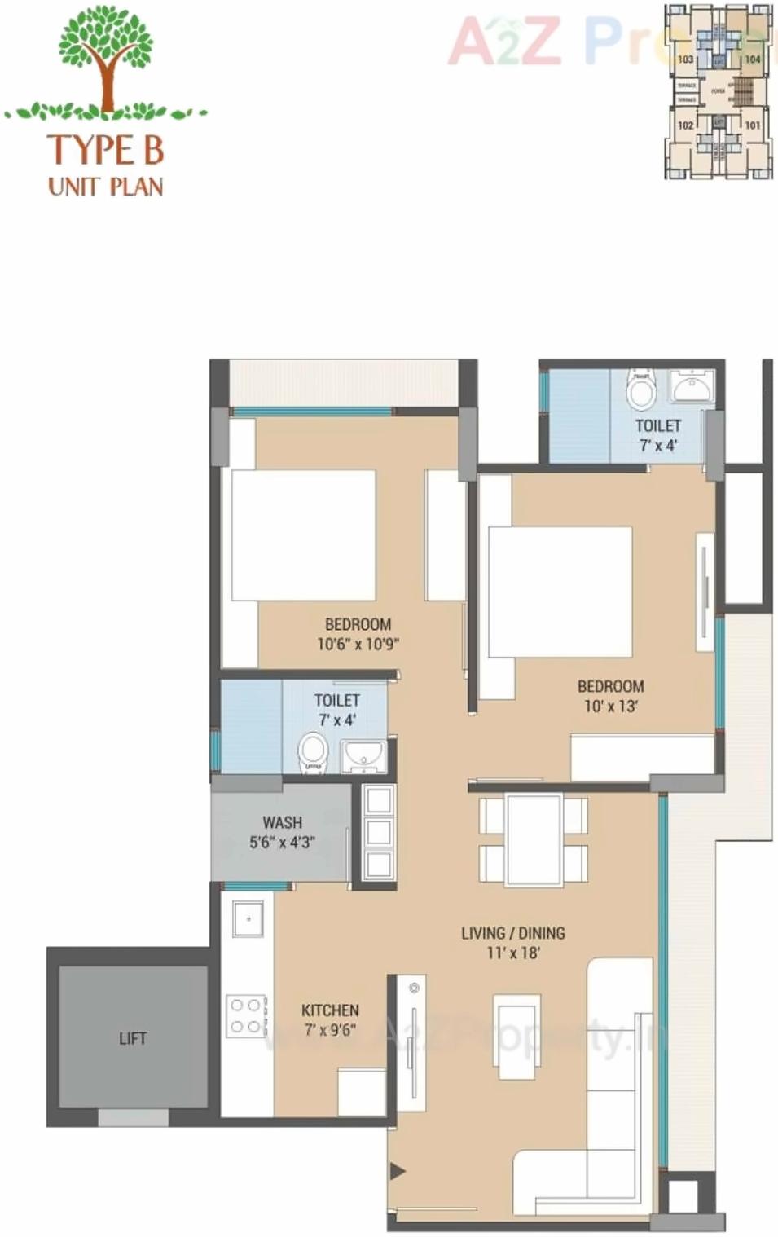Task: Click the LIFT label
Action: point(132,1038)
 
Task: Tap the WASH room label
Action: point(282,822)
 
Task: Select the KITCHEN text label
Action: point(330,1010)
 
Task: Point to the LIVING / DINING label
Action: point(512,933)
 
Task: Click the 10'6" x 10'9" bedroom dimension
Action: point(358,644)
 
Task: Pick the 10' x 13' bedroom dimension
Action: point(610,706)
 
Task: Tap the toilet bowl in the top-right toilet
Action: point(641,392)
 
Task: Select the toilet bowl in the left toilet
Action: point(312,751)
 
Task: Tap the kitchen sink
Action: point(247,918)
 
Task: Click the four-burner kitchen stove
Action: point(246,1016)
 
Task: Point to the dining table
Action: point(533,839)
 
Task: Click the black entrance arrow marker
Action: point(397,1172)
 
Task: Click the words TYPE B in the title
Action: point(106,150)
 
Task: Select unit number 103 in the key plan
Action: point(686,59)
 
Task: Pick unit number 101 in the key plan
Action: point(752,125)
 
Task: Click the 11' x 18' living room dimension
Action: point(513,953)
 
